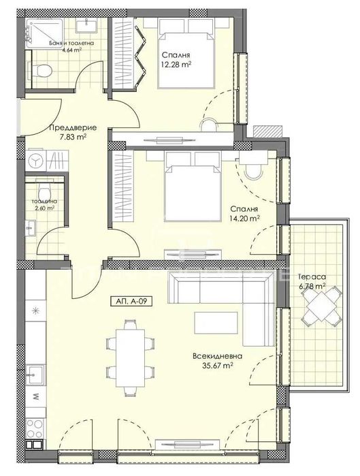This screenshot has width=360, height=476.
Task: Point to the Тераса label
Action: pyautogui.click(x=310, y=276)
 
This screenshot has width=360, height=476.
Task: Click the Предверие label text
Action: pyautogui.click(x=68, y=128)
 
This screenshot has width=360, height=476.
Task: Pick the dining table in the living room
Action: pyautogui.click(x=128, y=355)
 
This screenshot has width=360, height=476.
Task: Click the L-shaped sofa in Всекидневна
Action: pyautogui.click(x=218, y=291)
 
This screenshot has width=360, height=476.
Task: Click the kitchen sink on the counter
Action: pyautogui.click(x=33, y=374)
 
